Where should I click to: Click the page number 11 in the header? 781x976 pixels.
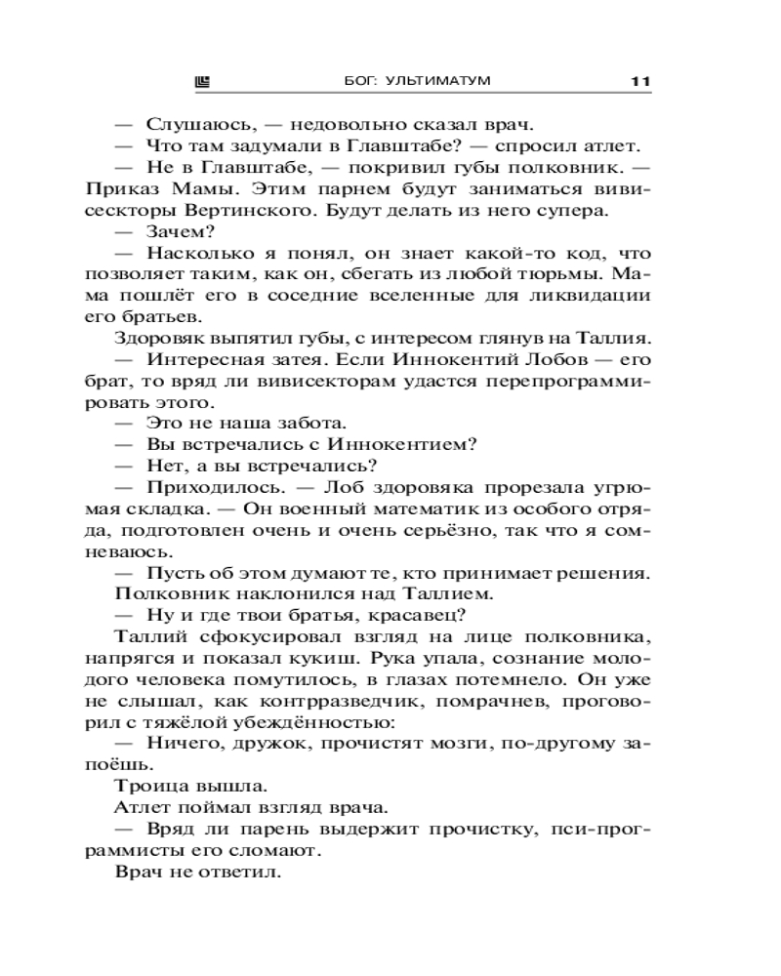pos(640,83)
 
